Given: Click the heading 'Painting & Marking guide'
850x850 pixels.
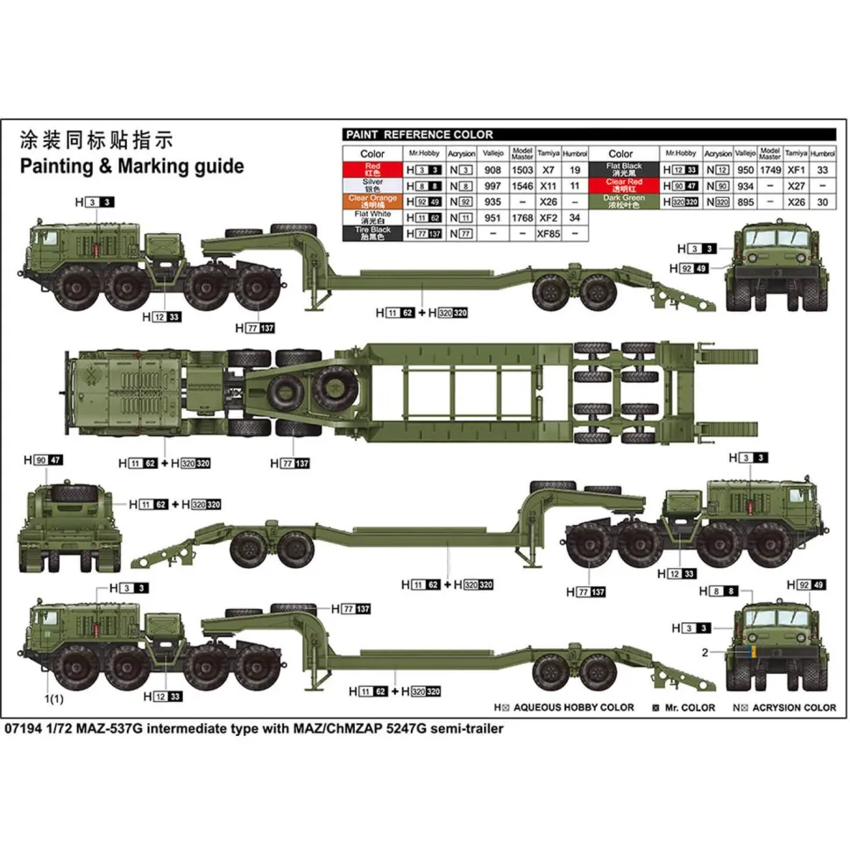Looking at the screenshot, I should [131, 166].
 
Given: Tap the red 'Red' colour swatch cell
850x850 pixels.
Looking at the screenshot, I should [372, 169].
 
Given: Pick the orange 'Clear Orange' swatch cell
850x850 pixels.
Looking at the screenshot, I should [372, 201].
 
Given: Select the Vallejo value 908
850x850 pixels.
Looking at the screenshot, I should [493, 169].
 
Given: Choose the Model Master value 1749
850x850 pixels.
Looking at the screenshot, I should [770, 169].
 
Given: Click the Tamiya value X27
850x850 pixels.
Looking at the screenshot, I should [797, 185].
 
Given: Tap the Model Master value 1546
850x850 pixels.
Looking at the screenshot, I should [522, 185].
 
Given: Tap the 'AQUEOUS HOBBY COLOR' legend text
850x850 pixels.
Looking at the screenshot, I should [573, 706].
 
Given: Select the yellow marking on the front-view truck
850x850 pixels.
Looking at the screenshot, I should [750, 654].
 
